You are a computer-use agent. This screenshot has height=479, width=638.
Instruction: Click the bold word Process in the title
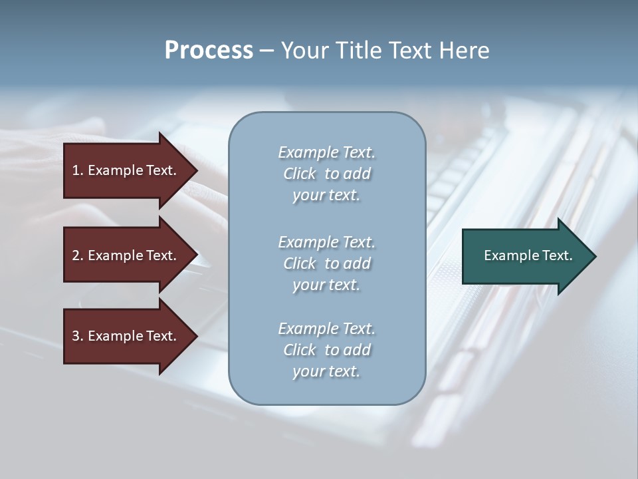209,51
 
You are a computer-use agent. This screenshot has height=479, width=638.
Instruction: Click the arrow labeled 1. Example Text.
126,170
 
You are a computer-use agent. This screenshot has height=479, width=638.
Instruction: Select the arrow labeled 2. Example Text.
126,255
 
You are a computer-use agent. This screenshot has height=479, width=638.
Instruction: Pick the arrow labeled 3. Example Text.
126,336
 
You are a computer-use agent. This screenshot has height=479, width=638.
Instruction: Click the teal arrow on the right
525,256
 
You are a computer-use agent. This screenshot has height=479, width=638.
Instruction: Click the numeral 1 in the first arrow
76,170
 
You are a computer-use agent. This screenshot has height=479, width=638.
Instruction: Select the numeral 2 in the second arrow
76,255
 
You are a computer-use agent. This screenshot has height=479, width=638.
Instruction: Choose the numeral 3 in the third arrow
76,336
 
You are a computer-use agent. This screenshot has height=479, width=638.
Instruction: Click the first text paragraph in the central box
326,174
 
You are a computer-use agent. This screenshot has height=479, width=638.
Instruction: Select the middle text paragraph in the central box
326,263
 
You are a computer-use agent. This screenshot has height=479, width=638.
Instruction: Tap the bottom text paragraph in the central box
326,350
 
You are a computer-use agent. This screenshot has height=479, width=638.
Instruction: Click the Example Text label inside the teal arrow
528,255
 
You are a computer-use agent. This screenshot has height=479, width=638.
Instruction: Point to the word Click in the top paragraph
300,174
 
